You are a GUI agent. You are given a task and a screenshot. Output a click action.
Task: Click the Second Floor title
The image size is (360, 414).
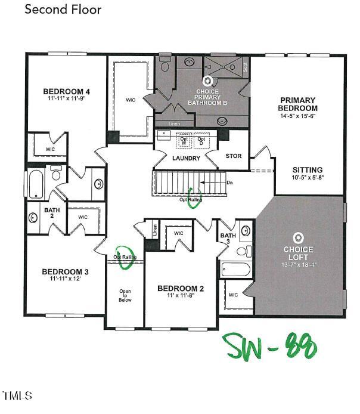click(63, 10)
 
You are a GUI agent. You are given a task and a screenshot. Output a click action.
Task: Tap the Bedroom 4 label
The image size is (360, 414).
click(66, 91)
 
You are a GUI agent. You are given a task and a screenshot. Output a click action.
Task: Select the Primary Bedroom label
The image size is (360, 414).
click(297, 104)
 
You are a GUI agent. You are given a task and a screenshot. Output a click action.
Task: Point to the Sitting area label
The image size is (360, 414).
click(307, 170)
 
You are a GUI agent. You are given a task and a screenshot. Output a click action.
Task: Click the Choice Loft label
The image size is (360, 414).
click(298, 249)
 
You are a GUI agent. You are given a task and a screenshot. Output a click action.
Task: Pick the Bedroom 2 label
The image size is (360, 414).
click(181, 289)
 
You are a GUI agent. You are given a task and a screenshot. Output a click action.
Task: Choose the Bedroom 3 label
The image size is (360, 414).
click(65, 272)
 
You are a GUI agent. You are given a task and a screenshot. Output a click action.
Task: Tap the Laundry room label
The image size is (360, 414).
click(185, 158)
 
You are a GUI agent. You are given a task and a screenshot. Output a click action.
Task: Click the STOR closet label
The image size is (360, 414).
click(234, 156)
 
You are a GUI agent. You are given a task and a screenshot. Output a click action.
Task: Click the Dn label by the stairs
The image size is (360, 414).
click(229, 182)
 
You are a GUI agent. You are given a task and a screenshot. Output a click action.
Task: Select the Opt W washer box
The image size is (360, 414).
click(184, 143)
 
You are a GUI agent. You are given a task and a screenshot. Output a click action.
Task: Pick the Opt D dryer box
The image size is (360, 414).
click(201, 143)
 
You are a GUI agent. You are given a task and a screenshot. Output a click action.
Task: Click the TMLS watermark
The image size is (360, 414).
click(17, 396)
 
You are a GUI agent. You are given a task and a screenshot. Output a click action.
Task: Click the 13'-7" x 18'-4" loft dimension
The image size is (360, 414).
click(298, 263)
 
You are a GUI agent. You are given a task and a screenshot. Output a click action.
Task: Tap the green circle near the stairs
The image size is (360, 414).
click(194, 200)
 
